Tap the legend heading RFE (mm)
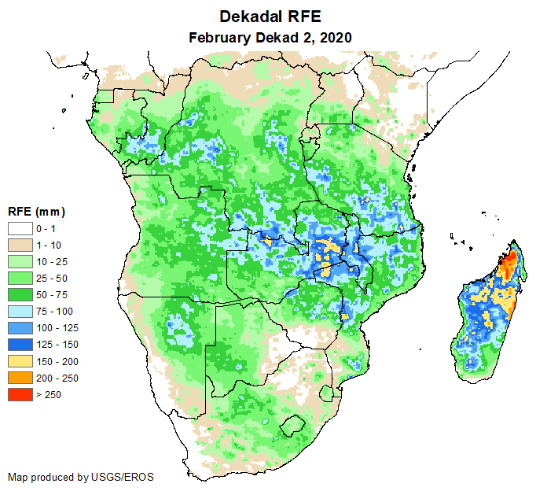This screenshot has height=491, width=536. [x=36, y=212]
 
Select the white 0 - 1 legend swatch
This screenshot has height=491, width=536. [x=19, y=228]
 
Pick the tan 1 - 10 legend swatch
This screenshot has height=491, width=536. [x=19, y=245]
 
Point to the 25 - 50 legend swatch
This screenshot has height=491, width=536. [x=19, y=278]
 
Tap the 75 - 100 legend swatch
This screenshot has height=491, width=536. [x=19, y=311]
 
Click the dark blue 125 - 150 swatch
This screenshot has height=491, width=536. [x=19, y=344]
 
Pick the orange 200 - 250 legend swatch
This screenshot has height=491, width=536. [x=19, y=378]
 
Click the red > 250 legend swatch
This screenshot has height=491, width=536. [x=19, y=394]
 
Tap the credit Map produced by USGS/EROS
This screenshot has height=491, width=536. [x=81, y=477]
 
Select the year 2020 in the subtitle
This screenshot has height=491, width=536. [x=334, y=37]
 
